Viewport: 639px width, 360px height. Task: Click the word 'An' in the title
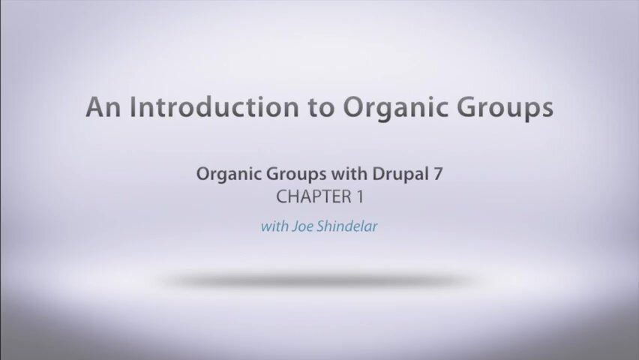point(103,107)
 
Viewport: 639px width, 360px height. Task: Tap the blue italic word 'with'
point(273,226)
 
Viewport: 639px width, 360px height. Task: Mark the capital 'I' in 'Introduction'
point(135,107)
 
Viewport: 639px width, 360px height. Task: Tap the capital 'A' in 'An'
point(96,107)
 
